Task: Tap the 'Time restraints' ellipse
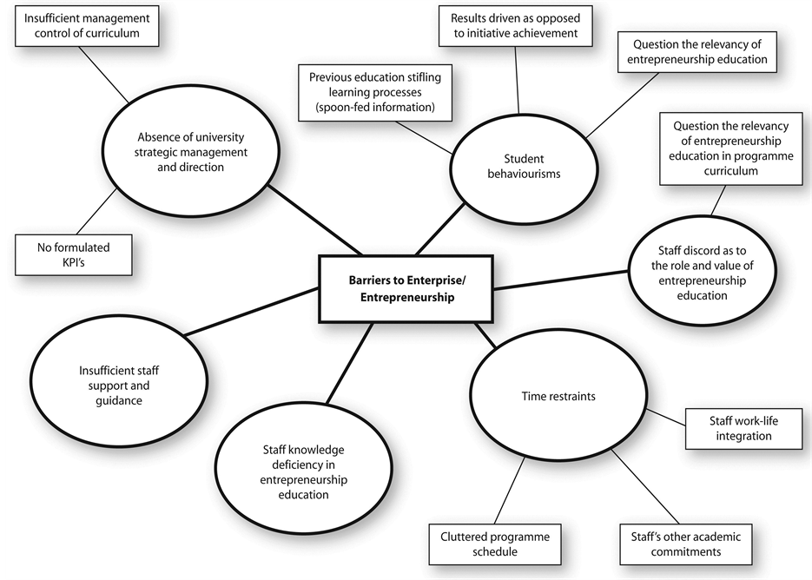558,397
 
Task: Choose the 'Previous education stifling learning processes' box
375,93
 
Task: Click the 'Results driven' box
515,25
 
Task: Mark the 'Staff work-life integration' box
743,428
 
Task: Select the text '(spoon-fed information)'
375,107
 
